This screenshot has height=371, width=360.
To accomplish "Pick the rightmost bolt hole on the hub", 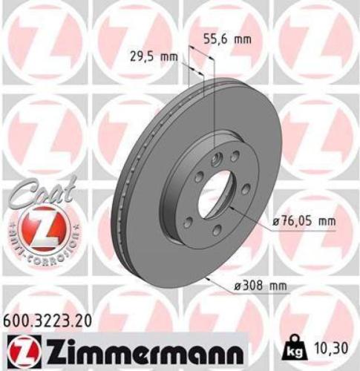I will (x=246, y=189).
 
